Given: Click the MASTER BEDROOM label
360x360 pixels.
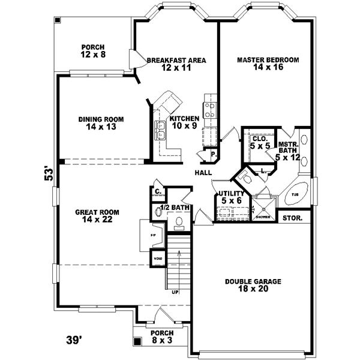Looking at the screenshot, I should click(268, 64).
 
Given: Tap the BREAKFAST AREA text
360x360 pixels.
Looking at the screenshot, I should click(176, 64).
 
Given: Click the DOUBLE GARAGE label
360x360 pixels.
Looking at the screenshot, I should click(253, 286).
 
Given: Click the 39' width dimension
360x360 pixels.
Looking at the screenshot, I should click(73, 340).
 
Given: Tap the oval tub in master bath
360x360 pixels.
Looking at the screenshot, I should click(298, 195).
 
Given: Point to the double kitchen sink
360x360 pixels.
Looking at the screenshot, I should click(161, 130).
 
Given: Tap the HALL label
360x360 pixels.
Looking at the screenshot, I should click(202, 173).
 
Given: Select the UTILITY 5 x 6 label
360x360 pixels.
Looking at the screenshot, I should click(230, 197).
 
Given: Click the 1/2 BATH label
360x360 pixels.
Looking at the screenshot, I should click(175, 208).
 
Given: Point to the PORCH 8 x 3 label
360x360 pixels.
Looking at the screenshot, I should click(162, 337).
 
